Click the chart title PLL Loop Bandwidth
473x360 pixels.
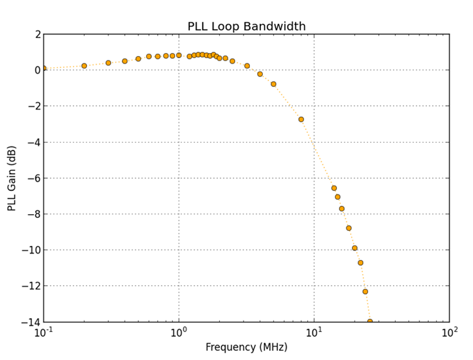[246, 26]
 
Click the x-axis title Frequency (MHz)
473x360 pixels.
[246, 347]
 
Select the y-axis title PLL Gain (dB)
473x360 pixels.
[12, 178]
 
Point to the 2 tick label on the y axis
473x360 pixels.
[37, 34]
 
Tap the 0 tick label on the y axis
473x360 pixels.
[37, 70]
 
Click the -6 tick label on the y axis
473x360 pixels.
[35, 178]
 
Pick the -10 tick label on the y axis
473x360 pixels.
[32, 250]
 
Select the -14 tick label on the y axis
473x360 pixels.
[32, 322]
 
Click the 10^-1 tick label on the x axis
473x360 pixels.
[44, 332]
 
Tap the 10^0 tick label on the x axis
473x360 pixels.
[179, 332]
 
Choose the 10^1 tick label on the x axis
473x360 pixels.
[314, 332]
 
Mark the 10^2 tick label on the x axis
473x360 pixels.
[449, 332]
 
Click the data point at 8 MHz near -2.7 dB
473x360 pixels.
[301, 119]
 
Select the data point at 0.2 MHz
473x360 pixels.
[84, 66]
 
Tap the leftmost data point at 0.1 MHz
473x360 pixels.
[44, 69]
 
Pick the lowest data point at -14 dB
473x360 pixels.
[370, 321]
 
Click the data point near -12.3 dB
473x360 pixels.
[365, 292]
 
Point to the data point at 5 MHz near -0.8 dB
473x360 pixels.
[274, 84]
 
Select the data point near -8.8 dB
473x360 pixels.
[349, 228]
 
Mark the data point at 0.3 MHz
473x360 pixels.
[108, 63]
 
